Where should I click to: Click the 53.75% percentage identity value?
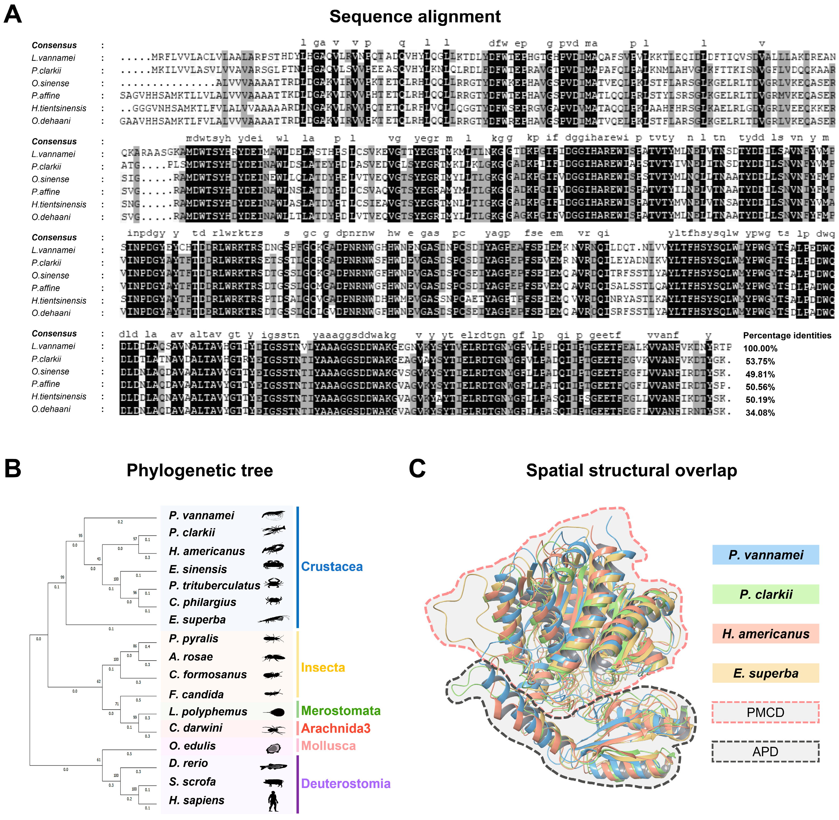click(760, 361)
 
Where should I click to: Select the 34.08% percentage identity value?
click(760, 413)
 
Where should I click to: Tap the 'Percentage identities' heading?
click(787, 335)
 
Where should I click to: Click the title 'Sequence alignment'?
click(414, 16)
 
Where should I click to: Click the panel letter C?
click(417, 469)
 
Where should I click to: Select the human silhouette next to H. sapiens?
click(273, 801)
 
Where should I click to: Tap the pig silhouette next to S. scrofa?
click(273, 782)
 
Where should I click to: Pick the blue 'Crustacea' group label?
click(332, 566)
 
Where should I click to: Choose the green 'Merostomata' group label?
click(340, 711)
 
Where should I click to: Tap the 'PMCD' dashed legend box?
click(765, 712)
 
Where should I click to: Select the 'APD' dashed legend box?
click(765, 752)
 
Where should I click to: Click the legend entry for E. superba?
click(765, 673)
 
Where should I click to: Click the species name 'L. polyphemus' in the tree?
click(208, 712)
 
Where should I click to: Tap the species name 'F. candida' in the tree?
click(196, 694)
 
